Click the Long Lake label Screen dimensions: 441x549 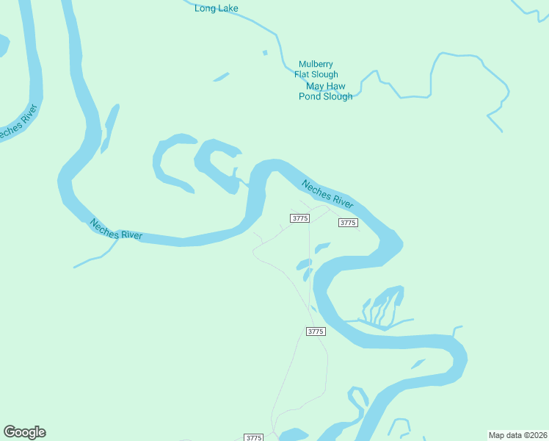217,9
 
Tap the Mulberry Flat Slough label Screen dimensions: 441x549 316,69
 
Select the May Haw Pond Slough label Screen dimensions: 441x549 325,91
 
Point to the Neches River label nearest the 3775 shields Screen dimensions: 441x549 327,192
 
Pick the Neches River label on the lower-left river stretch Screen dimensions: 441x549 115,229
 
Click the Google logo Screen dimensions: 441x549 24,432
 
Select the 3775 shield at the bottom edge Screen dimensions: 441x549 253,437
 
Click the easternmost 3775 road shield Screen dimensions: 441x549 348,223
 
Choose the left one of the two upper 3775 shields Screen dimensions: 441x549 299,218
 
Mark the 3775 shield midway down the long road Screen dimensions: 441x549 315,331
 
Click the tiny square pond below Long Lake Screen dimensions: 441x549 265,52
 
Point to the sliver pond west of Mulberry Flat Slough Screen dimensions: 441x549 221,76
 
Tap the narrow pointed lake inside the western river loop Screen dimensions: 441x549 109,129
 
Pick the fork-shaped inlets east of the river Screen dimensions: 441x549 382,307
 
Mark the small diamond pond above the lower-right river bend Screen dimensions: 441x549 418,364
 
